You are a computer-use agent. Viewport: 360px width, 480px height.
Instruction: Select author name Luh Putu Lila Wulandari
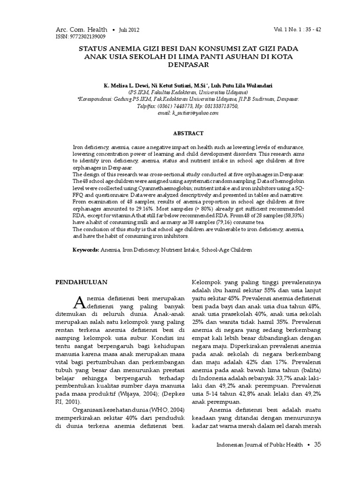pos(238,86)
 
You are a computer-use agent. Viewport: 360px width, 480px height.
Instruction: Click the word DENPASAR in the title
pos(180,65)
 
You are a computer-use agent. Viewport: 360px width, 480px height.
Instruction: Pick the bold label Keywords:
pos(85,250)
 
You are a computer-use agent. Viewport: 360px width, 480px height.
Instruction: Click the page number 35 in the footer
pos(318,444)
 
